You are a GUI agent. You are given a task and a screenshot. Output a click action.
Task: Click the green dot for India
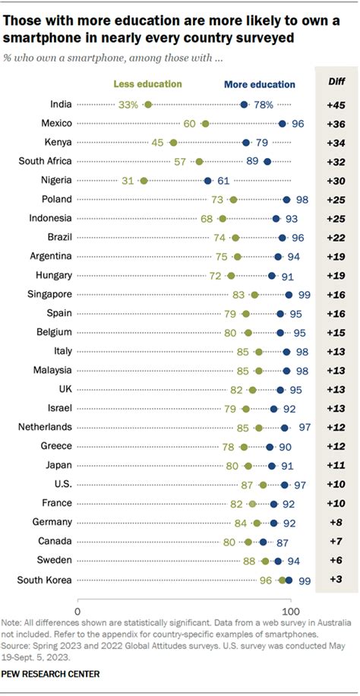147,104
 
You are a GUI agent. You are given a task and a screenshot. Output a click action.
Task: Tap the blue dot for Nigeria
207,180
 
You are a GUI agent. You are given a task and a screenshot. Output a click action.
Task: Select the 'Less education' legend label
147,84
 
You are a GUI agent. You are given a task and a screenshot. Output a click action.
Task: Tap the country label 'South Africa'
46,161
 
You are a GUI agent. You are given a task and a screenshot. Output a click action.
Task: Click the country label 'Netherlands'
46,427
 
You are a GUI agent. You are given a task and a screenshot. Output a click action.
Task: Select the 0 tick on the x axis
77,610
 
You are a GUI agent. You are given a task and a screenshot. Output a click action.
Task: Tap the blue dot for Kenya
246,142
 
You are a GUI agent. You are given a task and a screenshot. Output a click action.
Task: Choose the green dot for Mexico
205,123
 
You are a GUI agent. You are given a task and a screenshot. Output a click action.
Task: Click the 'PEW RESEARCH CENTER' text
51,673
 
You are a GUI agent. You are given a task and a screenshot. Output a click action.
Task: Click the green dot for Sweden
265,561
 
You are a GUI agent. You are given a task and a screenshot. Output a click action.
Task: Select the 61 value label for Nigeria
223,180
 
